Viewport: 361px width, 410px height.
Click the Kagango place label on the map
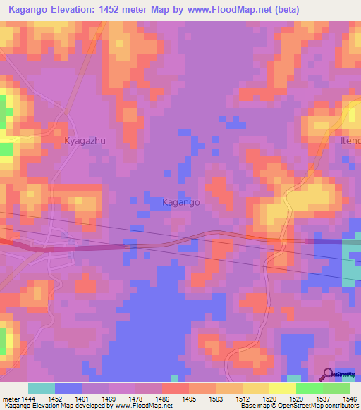pos(181,202)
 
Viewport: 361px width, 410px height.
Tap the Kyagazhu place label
pos(85,141)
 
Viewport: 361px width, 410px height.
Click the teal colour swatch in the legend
pos(42,388)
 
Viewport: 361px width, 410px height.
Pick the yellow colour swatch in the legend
pos(282,388)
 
